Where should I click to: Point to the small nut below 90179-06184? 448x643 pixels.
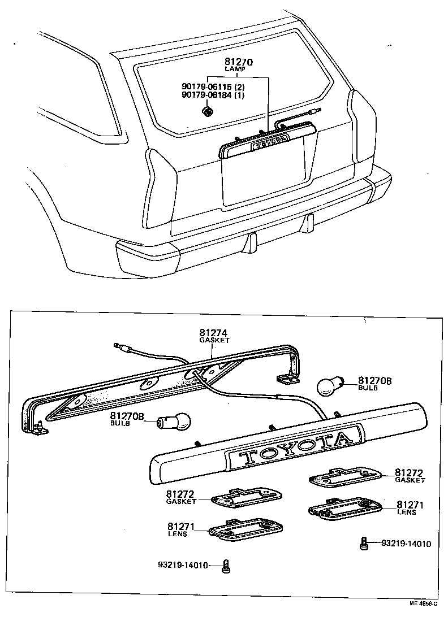(208, 112)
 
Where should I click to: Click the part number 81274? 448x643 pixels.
(212, 333)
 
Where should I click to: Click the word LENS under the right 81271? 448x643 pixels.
(406, 512)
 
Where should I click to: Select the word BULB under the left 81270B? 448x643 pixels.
(120, 423)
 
